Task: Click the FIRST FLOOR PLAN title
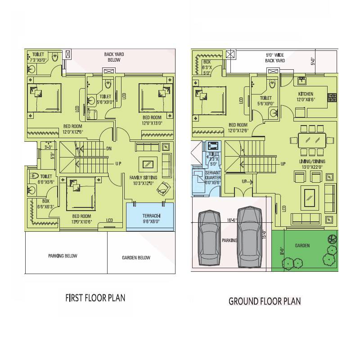point(95,297)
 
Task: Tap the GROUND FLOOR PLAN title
point(265,301)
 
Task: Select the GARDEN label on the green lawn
point(302,246)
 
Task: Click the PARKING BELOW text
point(63,256)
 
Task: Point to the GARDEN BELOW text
point(136,258)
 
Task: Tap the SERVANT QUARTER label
point(212,175)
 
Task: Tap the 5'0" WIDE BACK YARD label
point(275,57)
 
